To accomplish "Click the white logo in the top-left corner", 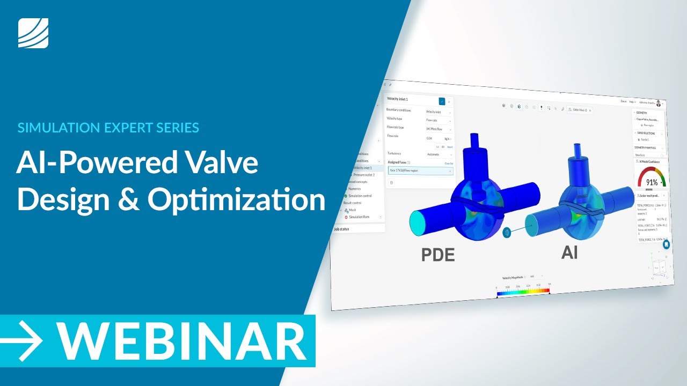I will click(x=33, y=33).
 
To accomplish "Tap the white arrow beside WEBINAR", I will click(x=23, y=340).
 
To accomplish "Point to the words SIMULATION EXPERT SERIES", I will click(x=108, y=128).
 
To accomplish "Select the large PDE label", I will click(x=438, y=255).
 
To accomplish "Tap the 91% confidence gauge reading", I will click(x=652, y=182).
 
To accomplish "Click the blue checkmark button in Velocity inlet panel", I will click(x=442, y=101).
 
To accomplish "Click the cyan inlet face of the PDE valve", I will click(x=422, y=221).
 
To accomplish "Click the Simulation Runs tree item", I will click(x=359, y=217).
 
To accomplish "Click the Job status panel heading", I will click(x=341, y=229).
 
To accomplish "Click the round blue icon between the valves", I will click(x=507, y=233).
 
